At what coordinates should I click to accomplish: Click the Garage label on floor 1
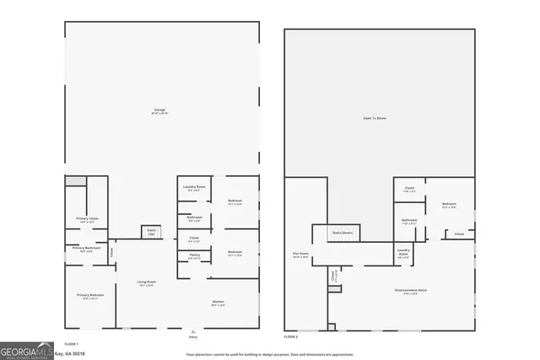[x=159, y=110]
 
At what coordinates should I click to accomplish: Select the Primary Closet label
[x=88, y=220]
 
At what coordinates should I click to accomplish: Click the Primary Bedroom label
[x=89, y=296]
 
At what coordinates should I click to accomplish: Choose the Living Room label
[x=146, y=283]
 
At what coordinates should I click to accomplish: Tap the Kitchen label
[x=218, y=304]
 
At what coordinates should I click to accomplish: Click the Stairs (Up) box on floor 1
[x=152, y=231]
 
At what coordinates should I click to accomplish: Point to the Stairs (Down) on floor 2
[x=342, y=233]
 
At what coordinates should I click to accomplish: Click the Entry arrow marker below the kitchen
[x=193, y=332]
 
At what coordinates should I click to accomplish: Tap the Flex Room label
[x=300, y=255]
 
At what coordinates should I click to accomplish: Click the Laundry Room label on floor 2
[x=403, y=252]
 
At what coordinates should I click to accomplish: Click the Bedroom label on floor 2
[x=449, y=205]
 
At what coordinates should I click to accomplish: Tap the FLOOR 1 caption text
[x=72, y=344]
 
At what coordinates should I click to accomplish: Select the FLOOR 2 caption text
[x=291, y=336]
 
